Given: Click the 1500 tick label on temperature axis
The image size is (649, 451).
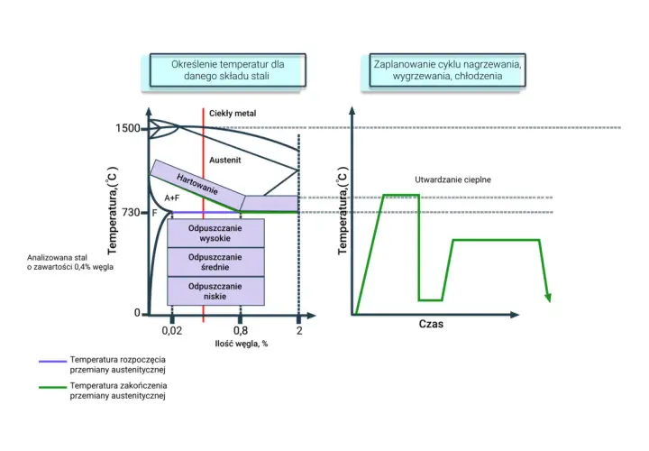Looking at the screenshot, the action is tap(127, 128).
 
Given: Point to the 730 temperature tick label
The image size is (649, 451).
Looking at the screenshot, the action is tap(131, 213).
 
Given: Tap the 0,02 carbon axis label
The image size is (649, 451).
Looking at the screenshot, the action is tap(172, 330).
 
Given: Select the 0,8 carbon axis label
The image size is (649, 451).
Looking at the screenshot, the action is tap(241, 330).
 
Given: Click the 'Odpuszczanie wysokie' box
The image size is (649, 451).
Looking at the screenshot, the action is tap(215, 233).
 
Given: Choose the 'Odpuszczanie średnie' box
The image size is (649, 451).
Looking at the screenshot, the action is tap(215, 262).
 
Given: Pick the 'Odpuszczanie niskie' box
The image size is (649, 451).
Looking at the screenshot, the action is tap(215, 291).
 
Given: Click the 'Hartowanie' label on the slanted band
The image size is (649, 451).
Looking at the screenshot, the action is tap(197, 184).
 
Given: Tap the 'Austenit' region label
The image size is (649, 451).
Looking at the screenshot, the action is tap(224, 161).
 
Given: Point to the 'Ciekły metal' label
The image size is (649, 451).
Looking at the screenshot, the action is tap(233, 114).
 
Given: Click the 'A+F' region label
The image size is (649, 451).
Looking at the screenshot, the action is tap(172, 198).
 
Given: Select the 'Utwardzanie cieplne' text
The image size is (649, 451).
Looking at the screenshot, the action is tap(452, 179).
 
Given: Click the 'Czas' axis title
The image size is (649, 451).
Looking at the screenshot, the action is tap(431, 324).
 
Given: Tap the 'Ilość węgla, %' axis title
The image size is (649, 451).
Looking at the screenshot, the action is tap(242, 344).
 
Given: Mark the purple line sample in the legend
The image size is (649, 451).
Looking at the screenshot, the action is tap(52, 361).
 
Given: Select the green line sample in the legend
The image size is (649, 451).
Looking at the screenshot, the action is tap(52, 387).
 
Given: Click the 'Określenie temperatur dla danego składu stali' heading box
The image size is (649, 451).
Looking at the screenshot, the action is tap(228, 70).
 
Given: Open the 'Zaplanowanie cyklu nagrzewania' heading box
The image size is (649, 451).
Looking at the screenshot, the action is tap(447, 70).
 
